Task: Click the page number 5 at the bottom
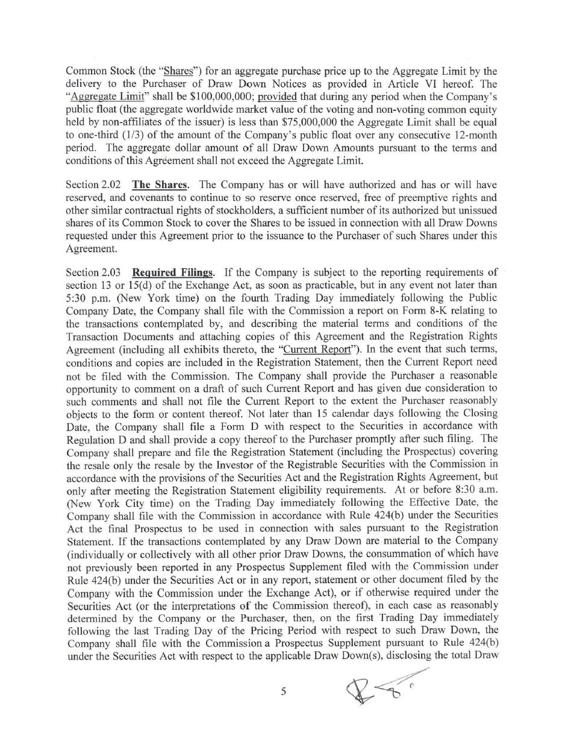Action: point(283,692)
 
